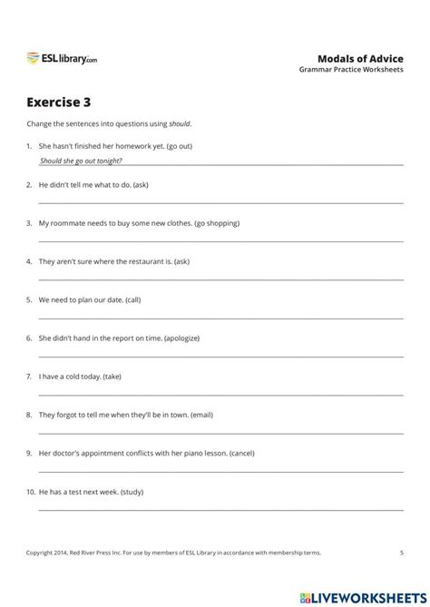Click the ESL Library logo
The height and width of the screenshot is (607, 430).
pyautogui.click(x=62, y=59)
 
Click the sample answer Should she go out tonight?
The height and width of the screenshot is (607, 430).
pyautogui.click(x=81, y=161)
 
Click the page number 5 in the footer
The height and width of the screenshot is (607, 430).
pyautogui.click(x=401, y=551)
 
